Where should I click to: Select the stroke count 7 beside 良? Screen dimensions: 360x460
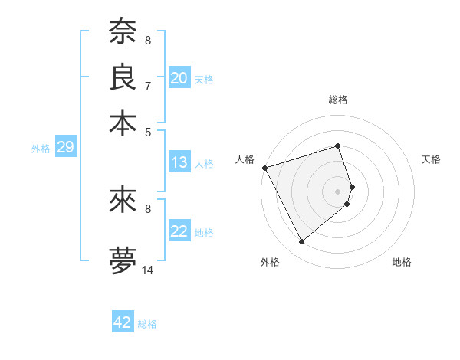pyautogui.click(x=148, y=86)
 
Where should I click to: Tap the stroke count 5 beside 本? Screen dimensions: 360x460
pyautogui.click(x=148, y=132)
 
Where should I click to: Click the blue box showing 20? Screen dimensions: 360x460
pyautogui.click(x=179, y=78)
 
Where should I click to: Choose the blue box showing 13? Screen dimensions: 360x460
pyautogui.click(x=179, y=162)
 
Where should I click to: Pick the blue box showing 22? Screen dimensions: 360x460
pyautogui.click(x=179, y=231)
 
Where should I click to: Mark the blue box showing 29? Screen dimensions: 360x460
pyautogui.click(x=65, y=148)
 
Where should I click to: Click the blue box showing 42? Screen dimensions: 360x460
pyautogui.click(x=123, y=322)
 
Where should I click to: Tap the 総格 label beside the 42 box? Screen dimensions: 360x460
pyautogui.click(x=147, y=324)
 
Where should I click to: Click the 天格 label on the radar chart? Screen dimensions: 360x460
pyautogui.click(x=431, y=159)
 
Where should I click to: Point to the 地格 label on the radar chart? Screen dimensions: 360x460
pyautogui.click(x=402, y=262)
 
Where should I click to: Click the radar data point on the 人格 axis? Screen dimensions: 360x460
pyautogui.click(x=264, y=167)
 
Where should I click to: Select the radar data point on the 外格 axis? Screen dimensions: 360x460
pyautogui.click(x=301, y=242)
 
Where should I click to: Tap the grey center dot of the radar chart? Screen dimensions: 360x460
pyautogui.click(x=338, y=191)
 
